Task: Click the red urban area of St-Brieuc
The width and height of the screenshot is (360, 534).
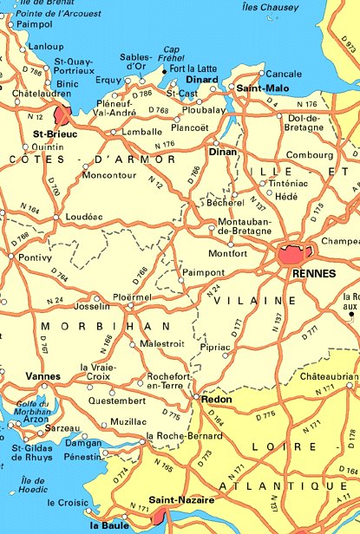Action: pos(62,115)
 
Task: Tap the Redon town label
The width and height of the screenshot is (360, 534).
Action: pos(216,399)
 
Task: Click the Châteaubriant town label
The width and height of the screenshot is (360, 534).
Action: pos(329,376)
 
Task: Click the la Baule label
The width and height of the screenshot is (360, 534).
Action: pos(108,524)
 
